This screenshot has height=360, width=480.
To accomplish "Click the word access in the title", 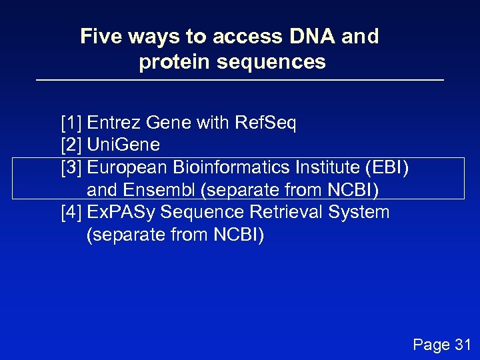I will click(x=232, y=36).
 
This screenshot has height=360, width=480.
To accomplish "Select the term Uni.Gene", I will click(x=123, y=145).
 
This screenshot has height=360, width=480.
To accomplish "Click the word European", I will click(x=127, y=167).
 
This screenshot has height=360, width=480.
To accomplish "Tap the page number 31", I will click(x=462, y=344).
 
